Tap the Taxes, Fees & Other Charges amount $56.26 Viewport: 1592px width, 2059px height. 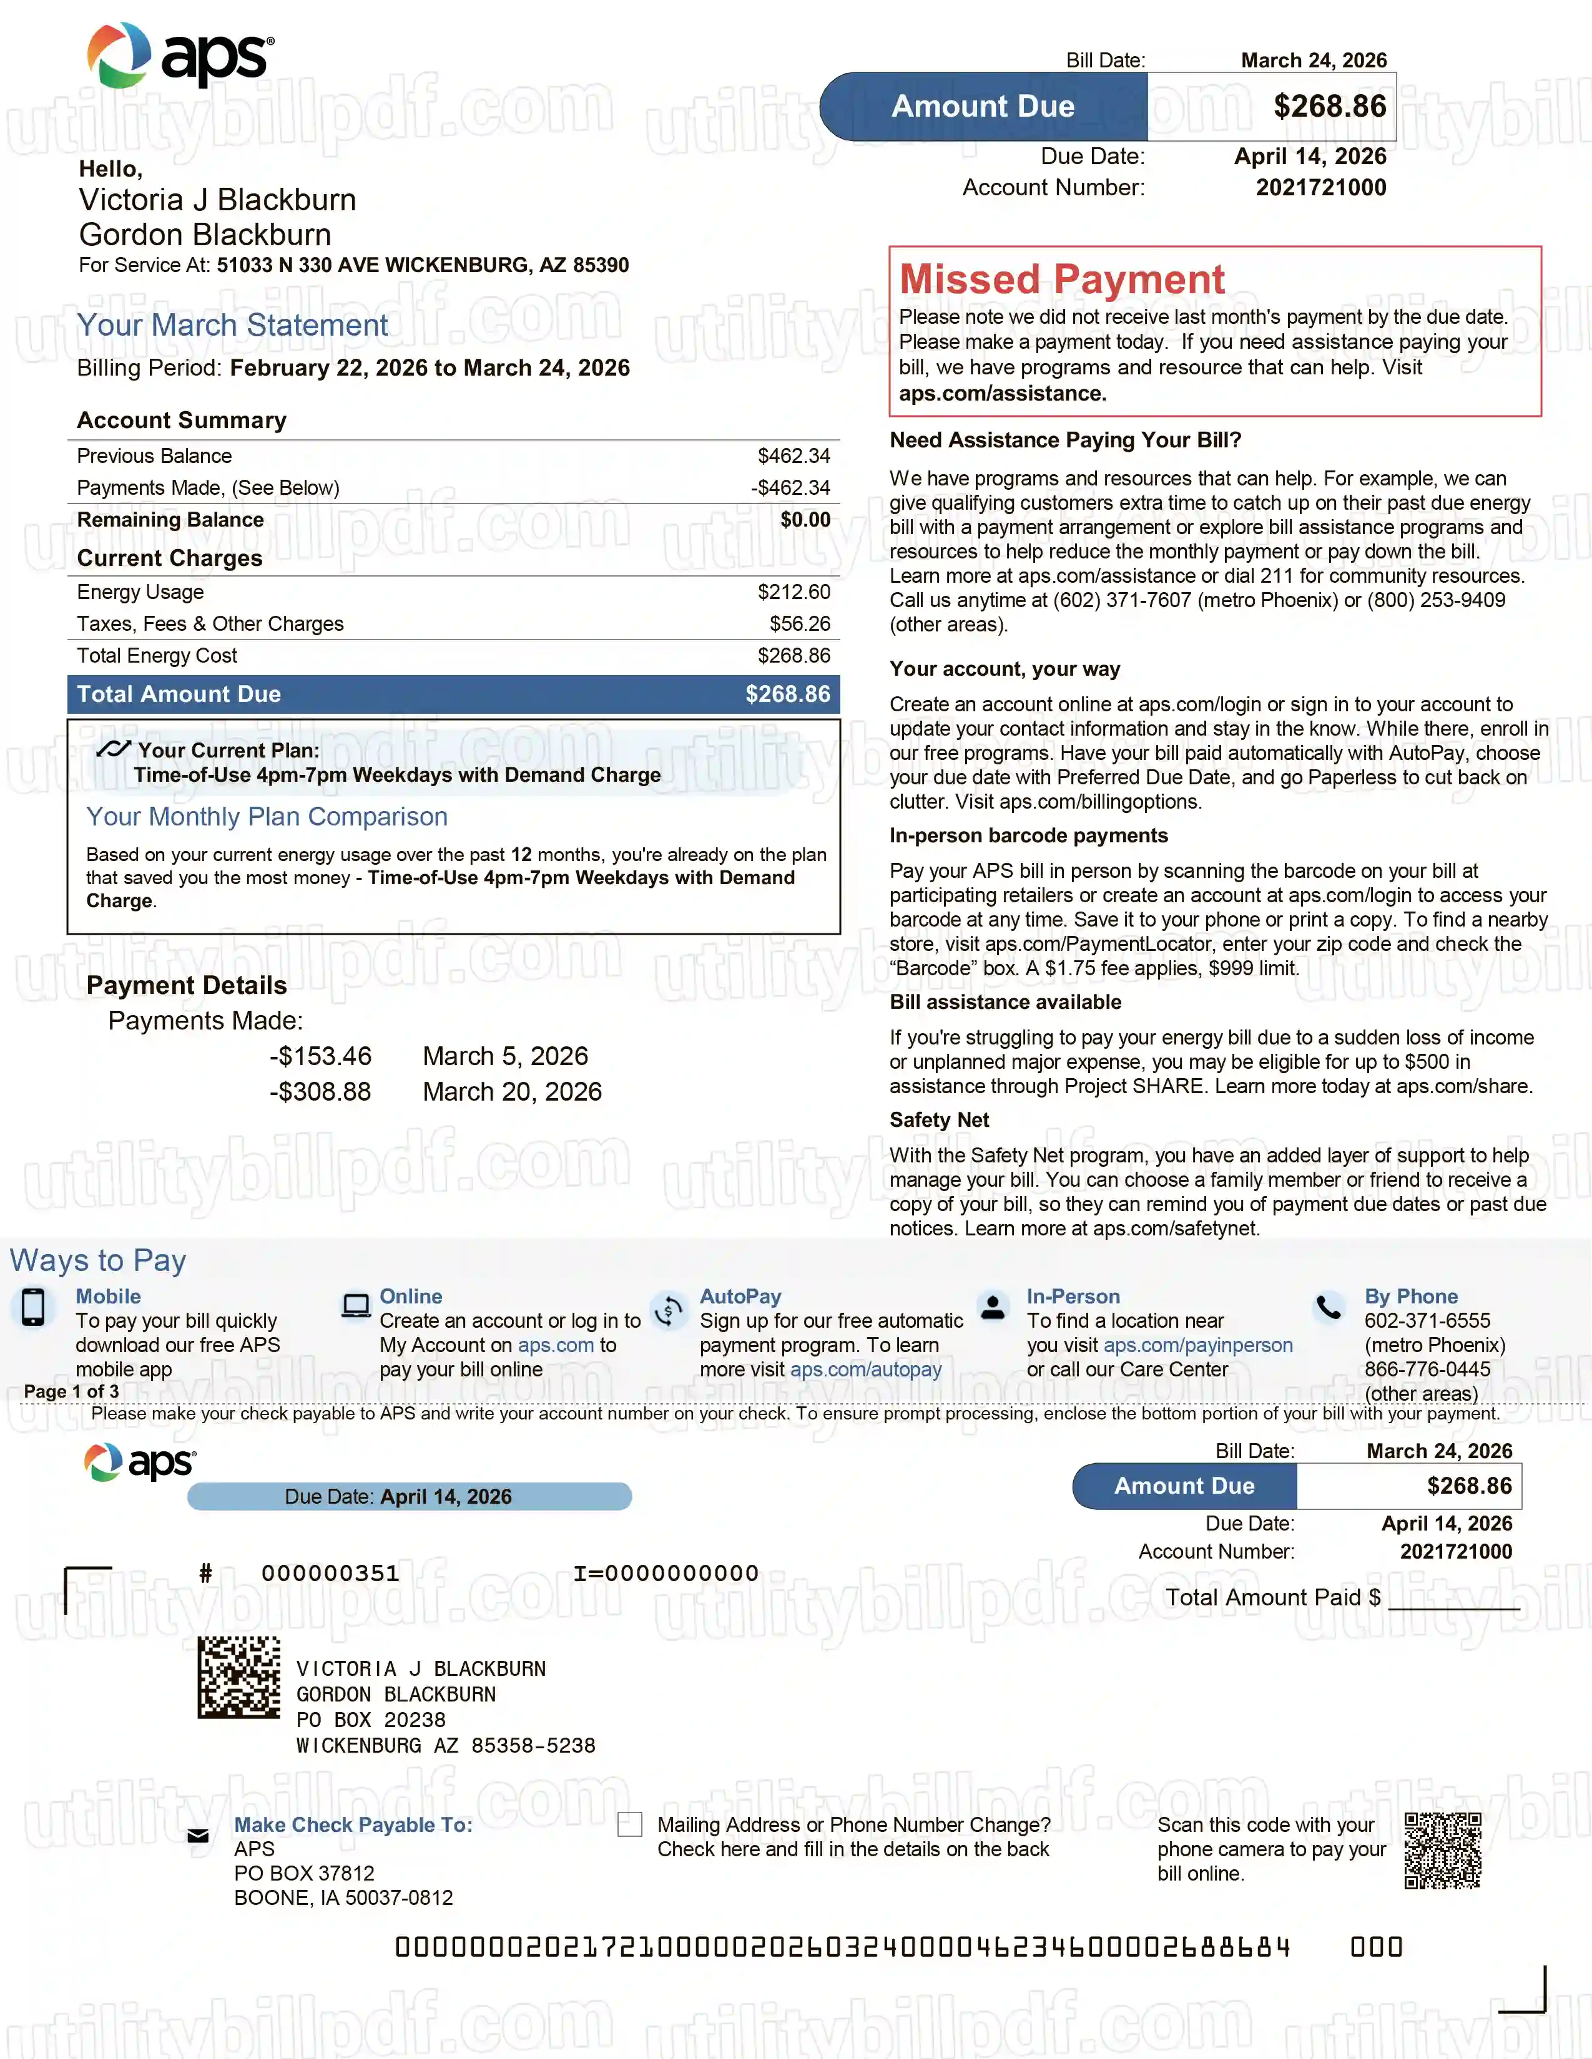799,624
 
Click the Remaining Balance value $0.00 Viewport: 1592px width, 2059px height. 805,520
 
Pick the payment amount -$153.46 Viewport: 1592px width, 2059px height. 321,1056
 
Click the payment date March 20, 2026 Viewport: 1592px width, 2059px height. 511,1092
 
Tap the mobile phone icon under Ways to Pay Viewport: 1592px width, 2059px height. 33,1308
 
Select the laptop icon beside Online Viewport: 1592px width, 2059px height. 356,1306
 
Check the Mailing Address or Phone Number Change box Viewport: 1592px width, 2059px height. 629,1824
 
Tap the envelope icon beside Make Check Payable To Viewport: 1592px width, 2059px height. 198,1836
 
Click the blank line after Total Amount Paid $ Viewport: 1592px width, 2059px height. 1453,1600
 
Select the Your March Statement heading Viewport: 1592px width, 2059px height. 232,325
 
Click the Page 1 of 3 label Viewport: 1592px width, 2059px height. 72,1391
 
